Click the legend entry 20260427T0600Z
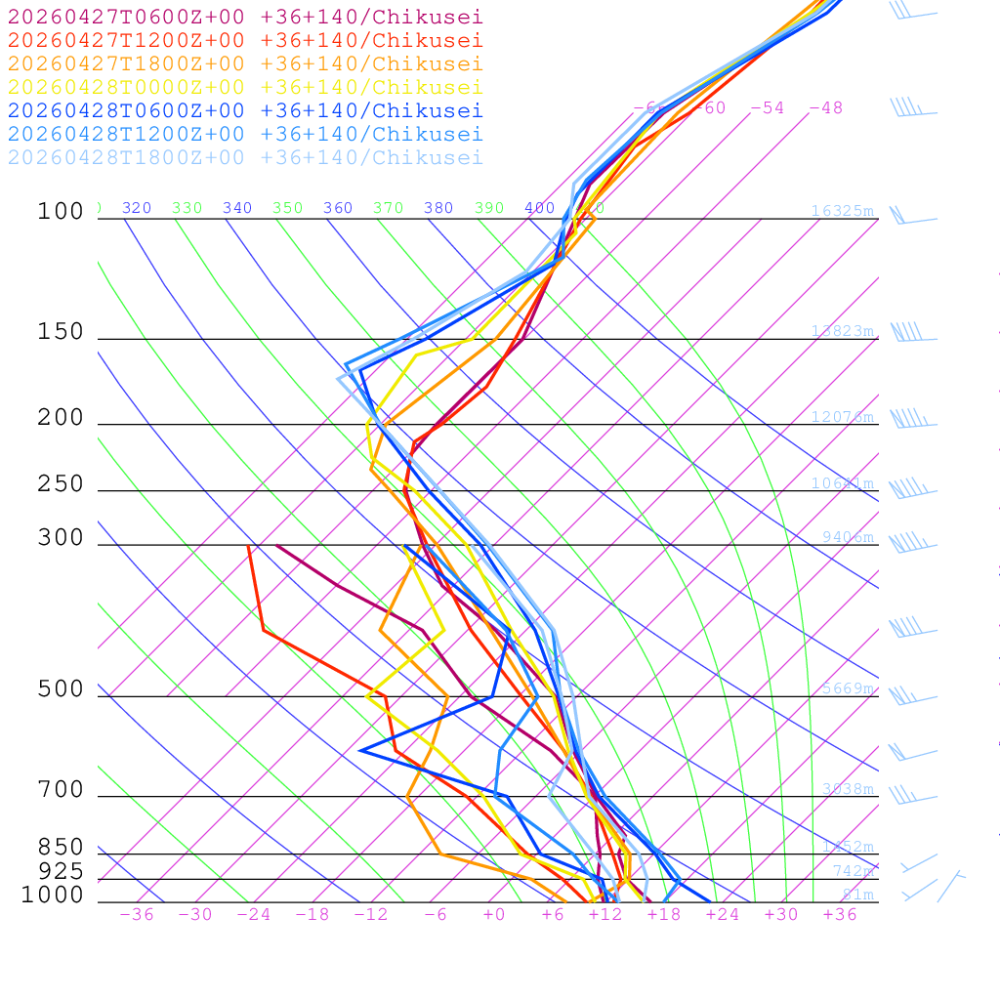pos(245,17)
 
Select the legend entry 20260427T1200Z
pos(245,40)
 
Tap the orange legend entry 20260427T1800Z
pos(245,63)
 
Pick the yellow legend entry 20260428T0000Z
pos(245,87)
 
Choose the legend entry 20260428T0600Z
pos(245,110)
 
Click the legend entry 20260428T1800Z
pos(245,157)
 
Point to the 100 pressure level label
pos(61,211)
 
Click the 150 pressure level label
pos(61,332)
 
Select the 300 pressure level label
pos(61,538)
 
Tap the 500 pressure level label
pos(61,689)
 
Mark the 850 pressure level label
pos(61,847)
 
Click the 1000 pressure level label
pos(53,895)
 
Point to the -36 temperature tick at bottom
pos(136,914)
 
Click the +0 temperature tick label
pos(494,914)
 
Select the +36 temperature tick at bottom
pos(840,914)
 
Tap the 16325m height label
pos(842,211)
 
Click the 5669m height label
pos(847,688)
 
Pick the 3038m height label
pos(847,789)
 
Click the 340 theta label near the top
pos(237,208)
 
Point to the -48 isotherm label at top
pos(825,107)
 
